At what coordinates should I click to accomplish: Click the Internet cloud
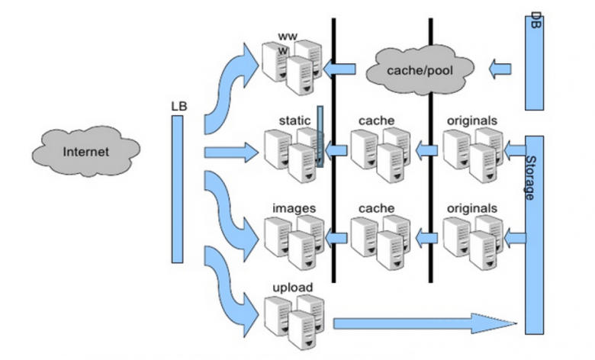[86, 151]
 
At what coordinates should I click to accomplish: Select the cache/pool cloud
[420, 70]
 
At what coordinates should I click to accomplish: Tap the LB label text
[179, 106]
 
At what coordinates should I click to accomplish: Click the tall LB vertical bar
[177, 189]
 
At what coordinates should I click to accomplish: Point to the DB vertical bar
[534, 63]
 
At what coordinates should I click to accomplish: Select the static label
[294, 121]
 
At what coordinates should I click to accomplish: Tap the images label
[294, 208]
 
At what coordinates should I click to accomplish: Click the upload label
[293, 288]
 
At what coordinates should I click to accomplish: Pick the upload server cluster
[294, 322]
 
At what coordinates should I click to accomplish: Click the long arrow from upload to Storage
[425, 323]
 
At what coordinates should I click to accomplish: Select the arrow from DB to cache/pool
[500, 69]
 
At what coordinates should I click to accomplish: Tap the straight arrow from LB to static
[231, 153]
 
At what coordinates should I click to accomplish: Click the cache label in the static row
[376, 121]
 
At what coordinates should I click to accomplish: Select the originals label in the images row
[472, 208]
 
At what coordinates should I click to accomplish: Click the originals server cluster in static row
[473, 155]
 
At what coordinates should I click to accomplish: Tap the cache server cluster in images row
[381, 243]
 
